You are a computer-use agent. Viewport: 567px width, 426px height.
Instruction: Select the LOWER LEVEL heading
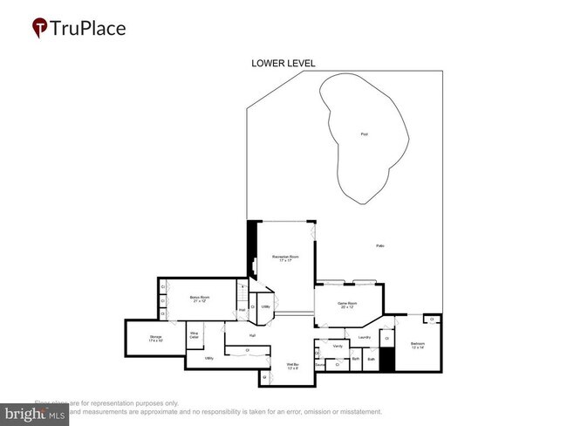click(283, 64)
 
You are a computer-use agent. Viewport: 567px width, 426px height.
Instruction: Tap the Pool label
click(364, 134)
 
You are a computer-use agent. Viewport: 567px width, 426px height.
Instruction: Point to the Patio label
click(379, 246)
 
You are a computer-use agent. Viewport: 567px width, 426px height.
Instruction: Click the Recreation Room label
click(284, 259)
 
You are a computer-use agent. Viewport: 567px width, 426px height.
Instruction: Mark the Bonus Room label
click(200, 299)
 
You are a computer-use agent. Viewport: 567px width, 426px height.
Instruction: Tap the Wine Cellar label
click(195, 333)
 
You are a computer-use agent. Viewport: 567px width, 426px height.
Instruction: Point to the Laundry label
click(364, 337)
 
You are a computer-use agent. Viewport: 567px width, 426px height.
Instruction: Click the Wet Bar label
click(293, 366)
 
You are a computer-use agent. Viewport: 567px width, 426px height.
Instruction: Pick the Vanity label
click(338, 347)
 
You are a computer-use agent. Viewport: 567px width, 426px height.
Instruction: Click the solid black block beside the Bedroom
click(387, 361)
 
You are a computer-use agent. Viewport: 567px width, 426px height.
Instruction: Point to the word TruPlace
click(87, 28)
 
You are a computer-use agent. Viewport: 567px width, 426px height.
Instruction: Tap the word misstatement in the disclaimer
click(359, 411)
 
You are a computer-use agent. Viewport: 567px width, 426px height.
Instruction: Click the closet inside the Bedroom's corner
click(432, 320)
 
